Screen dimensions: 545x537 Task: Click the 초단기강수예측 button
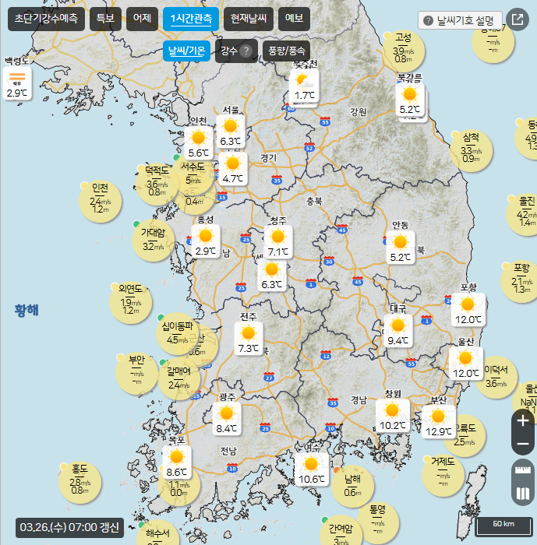tap(47, 19)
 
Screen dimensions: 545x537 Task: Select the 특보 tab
tap(104, 19)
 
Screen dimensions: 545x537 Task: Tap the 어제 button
tap(143, 19)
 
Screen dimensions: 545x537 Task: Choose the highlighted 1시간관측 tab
tap(192, 19)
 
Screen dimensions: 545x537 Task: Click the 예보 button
tap(294, 19)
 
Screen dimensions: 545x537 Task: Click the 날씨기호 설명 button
tap(460, 20)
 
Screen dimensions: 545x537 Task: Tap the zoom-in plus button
tap(523, 420)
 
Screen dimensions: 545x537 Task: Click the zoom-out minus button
tap(523, 445)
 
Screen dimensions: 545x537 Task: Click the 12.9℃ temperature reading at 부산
tap(439, 432)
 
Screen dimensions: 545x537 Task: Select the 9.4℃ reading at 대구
tap(397, 340)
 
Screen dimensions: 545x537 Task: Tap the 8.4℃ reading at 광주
tap(226, 429)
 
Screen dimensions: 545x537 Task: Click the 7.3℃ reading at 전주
tap(249, 348)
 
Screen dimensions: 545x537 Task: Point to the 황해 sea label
tap(26, 311)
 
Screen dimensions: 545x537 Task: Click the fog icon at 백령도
tap(17, 77)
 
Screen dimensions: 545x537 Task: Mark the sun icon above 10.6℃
tap(312, 465)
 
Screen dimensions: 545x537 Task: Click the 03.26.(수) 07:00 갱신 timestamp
tap(69, 527)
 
